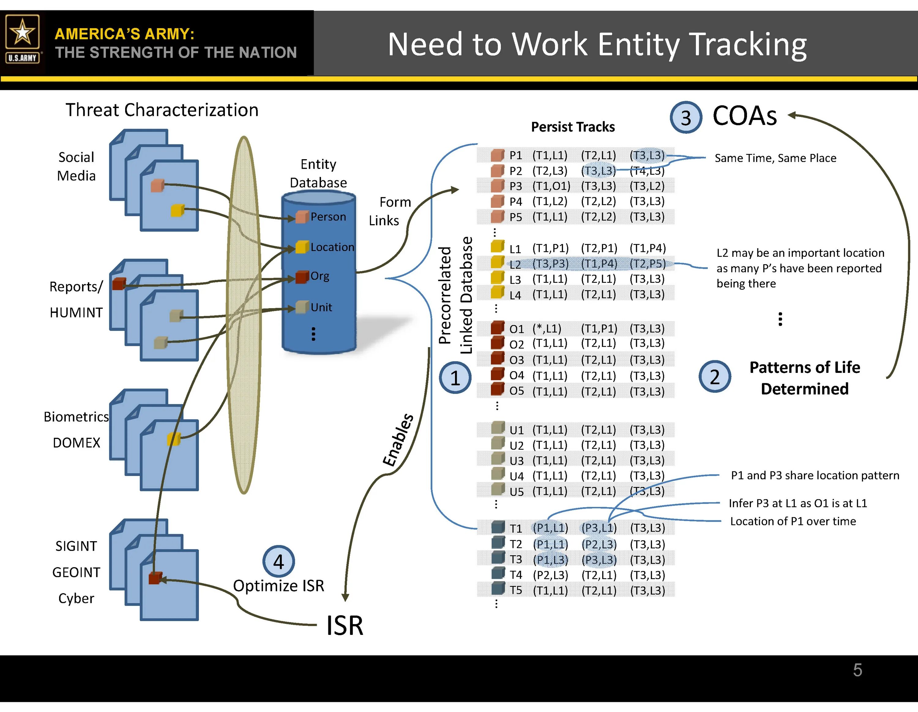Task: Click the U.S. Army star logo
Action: click(x=22, y=39)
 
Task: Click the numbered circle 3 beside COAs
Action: click(x=685, y=118)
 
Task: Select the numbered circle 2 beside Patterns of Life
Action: click(x=715, y=377)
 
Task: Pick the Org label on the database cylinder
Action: click(x=319, y=276)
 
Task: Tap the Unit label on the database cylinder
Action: click(x=321, y=307)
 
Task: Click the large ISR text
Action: click(x=345, y=625)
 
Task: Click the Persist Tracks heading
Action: click(x=573, y=127)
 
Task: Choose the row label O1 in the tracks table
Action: click(x=516, y=329)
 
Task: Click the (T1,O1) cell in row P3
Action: click(x=551, y=186)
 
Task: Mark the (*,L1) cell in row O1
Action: click(x=547, y=328)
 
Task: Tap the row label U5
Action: click(x=516, y=492)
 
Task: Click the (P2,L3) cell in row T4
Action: click(x=550, y=575)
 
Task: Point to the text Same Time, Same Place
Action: click(x=775, y=158)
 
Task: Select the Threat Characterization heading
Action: click(x=162, y=110)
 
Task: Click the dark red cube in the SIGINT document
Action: click(x=155, y=579)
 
